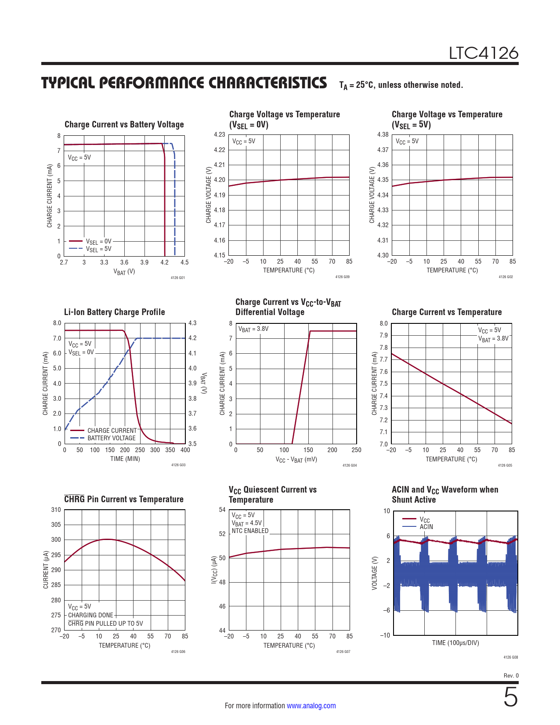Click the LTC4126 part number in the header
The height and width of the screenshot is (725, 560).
pos(483,53)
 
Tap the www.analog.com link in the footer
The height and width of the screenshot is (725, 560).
pos(311,706)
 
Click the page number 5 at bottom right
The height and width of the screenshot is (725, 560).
pos(510,698)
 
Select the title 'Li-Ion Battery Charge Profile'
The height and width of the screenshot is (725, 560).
pos(115,312)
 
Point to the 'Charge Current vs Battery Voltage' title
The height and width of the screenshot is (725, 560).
pos(124,124)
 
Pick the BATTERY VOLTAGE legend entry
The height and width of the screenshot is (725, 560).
pos(112,438)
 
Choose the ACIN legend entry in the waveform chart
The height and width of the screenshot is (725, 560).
pos(426,527)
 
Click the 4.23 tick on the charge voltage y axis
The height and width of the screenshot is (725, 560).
pos(220,134)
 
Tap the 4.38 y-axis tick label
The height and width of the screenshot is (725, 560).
pos(383,134)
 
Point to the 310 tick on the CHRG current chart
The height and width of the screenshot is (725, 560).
pos(56,510)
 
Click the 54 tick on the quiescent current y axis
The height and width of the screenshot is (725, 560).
pos(222,510)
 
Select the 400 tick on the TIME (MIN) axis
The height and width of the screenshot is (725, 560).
pos(185,450)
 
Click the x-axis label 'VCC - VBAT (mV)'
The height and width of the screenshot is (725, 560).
pos(296,459)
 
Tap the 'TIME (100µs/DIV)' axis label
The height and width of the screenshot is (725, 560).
pos(455,643)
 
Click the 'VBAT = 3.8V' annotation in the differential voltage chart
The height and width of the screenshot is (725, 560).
pos(253,329)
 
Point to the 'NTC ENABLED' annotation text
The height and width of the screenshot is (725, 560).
pos(250,531)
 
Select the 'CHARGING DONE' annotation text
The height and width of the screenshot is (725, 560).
pos(90,615)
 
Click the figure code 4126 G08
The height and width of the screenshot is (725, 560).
pos(510,657)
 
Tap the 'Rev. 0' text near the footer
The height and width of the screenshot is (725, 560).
pos(511,675)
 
